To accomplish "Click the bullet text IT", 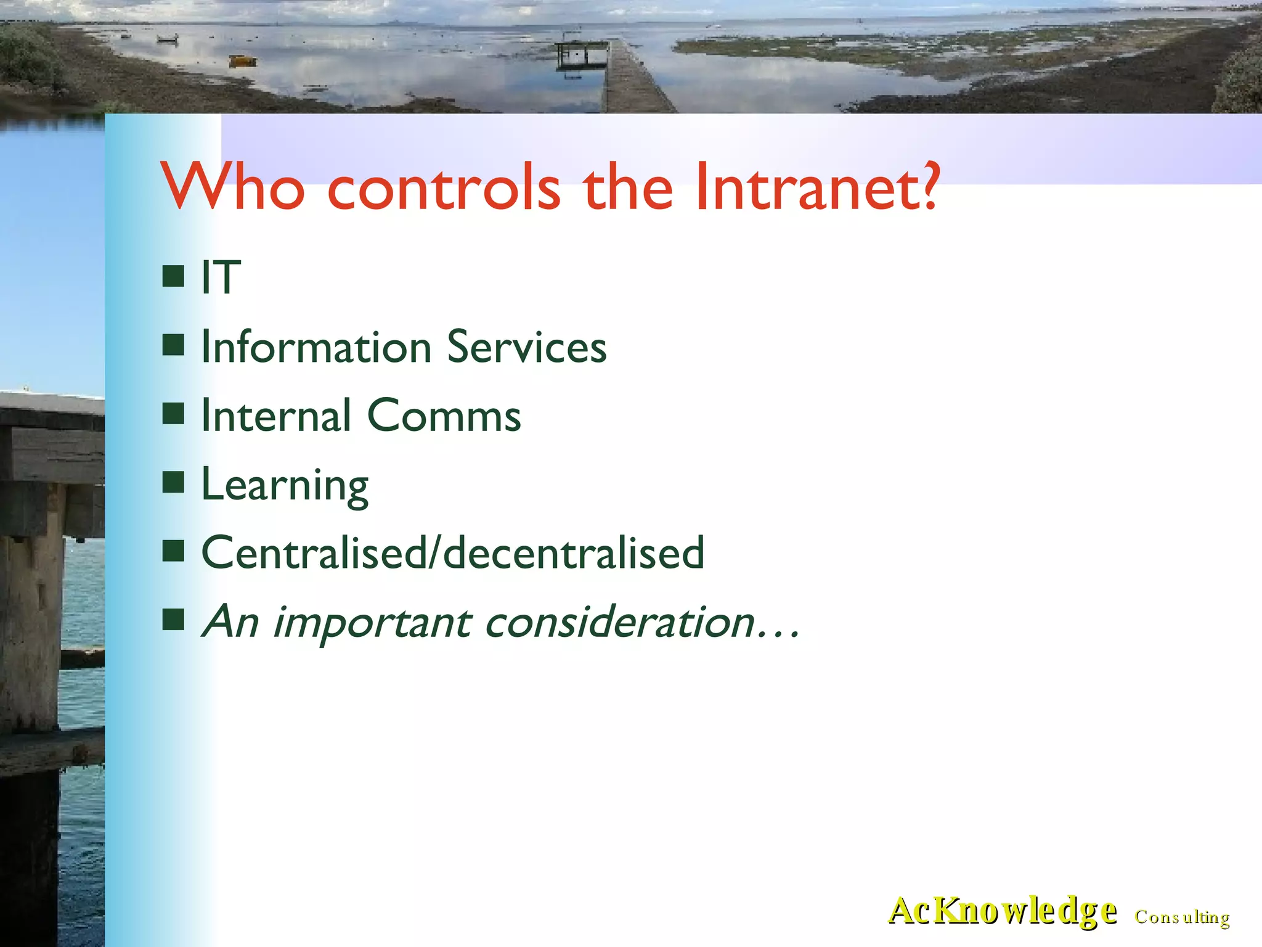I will [x=221, y=277].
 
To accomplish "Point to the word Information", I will [x=317, y=347].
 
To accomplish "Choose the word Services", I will [x=527, y=347].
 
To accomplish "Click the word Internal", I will [x=276, y=416].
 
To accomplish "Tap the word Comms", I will [x=444, y=416].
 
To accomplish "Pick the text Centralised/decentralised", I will [x=453, y=553].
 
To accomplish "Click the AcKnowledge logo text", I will [x=1002, y=911].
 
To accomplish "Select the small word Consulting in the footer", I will [x=1182, y=917].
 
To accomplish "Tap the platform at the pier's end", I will [x=581, y=54].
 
